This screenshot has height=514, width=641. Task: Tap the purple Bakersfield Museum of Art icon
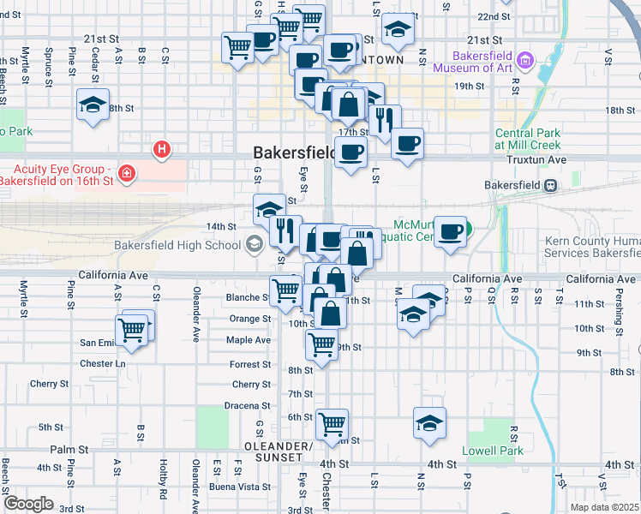click(526, 60)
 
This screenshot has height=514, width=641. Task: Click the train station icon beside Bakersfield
click(553, 185)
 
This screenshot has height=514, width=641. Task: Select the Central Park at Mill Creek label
click(527, 139)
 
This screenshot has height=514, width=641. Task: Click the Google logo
click(28, 503)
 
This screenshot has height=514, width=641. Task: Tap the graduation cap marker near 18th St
click(93, 105)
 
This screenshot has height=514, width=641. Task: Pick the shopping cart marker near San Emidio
click(131, 331)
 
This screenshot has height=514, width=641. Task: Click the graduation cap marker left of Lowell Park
click(430, 423)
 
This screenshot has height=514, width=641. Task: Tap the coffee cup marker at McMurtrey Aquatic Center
click(450, 231)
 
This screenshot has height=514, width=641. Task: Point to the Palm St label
click(69, 449)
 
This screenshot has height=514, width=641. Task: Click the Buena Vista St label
click(242, 487)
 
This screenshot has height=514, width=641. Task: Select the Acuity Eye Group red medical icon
click(126, 175)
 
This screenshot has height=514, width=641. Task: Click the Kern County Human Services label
click(592, 248)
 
